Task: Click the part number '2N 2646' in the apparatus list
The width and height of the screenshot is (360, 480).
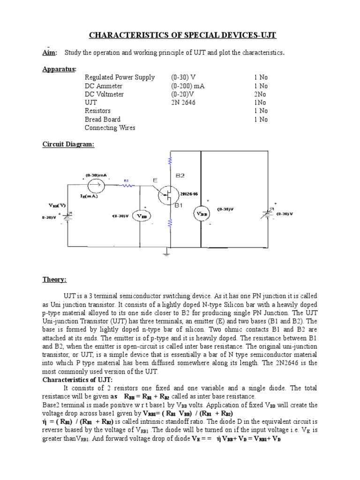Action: [184, 103]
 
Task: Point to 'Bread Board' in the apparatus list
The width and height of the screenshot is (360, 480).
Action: [103, 120]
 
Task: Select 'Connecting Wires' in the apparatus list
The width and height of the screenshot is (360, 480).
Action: [110, 128]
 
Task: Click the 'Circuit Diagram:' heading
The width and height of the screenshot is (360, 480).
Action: [68, 144]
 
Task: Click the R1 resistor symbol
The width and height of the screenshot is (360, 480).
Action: [126, 186]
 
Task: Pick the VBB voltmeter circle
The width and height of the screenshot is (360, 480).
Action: [202, 214]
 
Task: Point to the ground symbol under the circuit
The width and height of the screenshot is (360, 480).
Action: [166, 254]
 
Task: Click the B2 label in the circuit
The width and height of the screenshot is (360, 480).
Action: [180, 175]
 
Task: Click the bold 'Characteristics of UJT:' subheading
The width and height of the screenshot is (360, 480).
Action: [80, 380]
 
